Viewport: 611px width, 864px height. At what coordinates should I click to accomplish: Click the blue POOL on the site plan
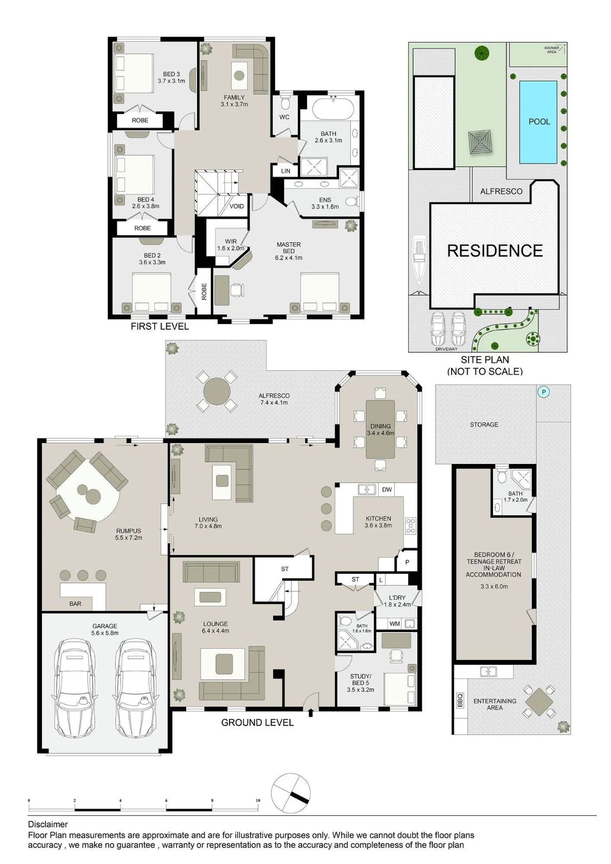538,122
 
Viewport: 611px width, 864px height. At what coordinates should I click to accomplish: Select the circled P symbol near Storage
544,392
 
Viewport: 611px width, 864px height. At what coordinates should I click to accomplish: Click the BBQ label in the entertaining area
460,700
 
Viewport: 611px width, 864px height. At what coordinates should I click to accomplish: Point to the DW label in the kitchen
387,489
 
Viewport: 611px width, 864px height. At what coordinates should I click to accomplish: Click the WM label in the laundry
394,624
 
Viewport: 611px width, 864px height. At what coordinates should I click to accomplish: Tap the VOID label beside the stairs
236,206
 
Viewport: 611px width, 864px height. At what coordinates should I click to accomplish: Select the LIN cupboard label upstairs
286,171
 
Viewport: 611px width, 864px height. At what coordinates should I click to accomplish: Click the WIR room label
231,241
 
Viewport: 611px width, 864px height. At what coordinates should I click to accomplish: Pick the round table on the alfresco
217,391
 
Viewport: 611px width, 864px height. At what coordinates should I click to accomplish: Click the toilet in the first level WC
285,103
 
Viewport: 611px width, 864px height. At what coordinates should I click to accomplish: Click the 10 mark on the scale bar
258,800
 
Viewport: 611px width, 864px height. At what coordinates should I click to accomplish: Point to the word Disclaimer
48,824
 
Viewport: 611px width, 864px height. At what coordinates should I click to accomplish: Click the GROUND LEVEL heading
258,722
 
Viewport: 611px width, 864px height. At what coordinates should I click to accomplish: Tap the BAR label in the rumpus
75,604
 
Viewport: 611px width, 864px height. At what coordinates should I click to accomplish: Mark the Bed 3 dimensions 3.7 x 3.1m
171,81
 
